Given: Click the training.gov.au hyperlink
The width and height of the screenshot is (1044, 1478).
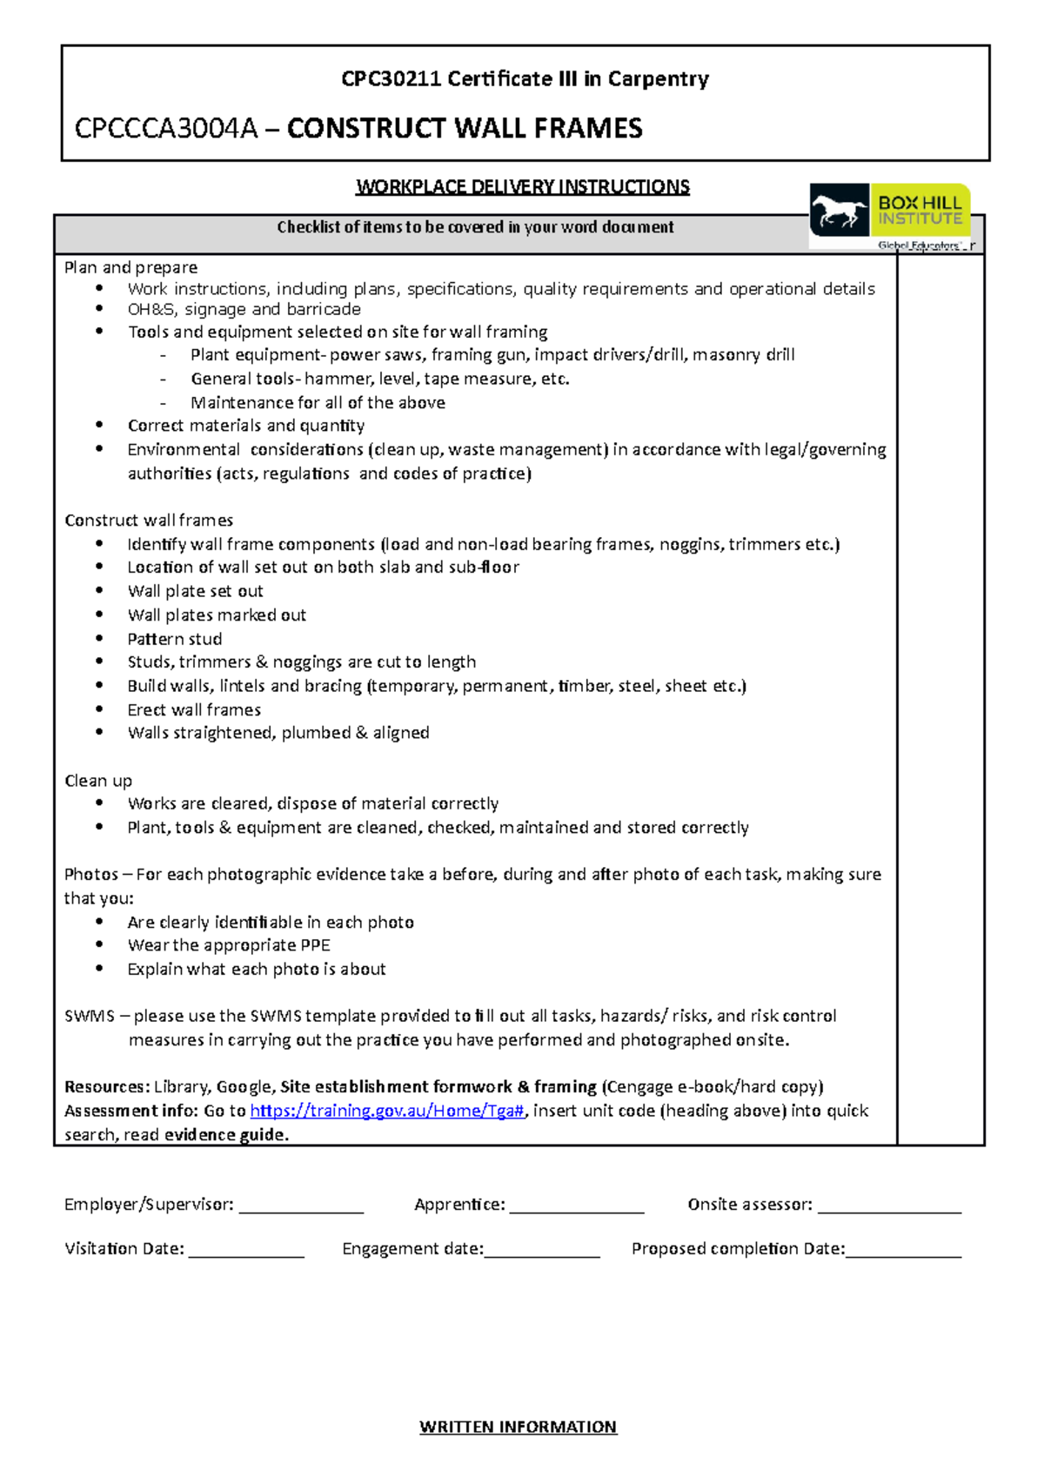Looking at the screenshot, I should pos(387,1111).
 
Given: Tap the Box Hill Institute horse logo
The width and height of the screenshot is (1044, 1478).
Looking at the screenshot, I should pos(839,211).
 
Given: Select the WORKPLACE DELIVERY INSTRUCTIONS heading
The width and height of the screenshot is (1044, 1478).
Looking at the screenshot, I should pos(523,187).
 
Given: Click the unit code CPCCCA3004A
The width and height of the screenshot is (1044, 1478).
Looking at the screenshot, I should pos(166,129).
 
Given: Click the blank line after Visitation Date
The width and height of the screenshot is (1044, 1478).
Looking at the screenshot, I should pos(246,1254).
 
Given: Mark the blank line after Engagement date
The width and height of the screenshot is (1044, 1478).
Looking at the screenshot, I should pos(542,1254).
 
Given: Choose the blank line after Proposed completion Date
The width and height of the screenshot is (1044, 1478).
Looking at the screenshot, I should pos(903,1254).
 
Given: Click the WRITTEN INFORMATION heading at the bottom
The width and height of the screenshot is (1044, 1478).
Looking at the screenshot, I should pos(518,1427).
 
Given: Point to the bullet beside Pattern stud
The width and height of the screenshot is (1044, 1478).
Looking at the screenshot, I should pos(100,639).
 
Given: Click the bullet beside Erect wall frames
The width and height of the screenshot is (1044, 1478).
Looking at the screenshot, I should pos(100,709).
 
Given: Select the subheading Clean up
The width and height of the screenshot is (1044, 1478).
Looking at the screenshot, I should pos(98,781).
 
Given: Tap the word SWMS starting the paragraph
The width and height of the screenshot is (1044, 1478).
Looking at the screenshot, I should pos(90,1016).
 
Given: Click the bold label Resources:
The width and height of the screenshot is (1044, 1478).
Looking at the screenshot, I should pos(107,1086).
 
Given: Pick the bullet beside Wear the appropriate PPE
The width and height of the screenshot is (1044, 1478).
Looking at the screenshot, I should pos(100,945).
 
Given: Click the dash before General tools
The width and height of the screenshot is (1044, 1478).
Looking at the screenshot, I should pos(163,380).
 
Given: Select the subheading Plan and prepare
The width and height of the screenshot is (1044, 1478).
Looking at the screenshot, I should pos(130,267).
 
